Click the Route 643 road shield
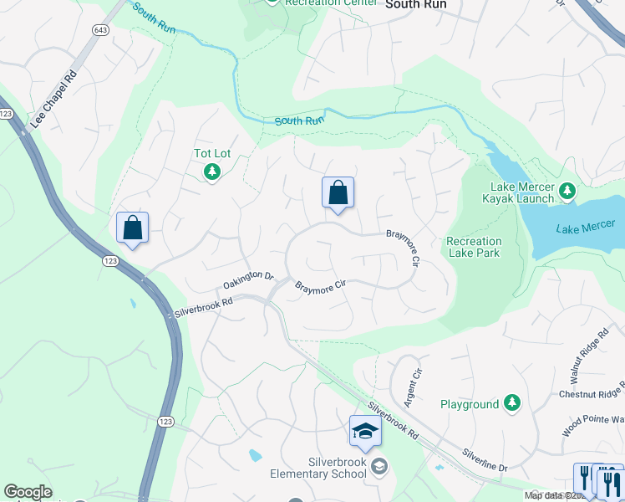(101, 30)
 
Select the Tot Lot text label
(212, 154)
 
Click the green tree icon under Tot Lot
(212, 172)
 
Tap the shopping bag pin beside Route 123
(132, 228)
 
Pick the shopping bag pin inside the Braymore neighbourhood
(338, 193)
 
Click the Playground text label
(470, 405)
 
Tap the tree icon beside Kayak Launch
(567, 192)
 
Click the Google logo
(28, 492)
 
